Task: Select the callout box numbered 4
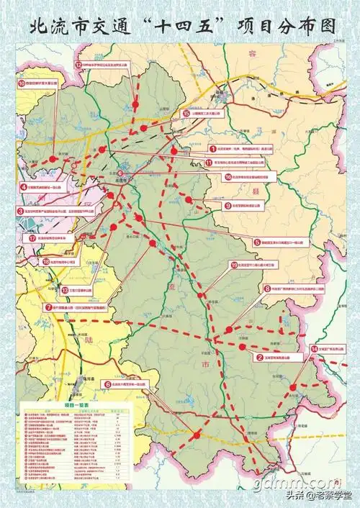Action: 48,186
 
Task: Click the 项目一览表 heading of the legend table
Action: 76,405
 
